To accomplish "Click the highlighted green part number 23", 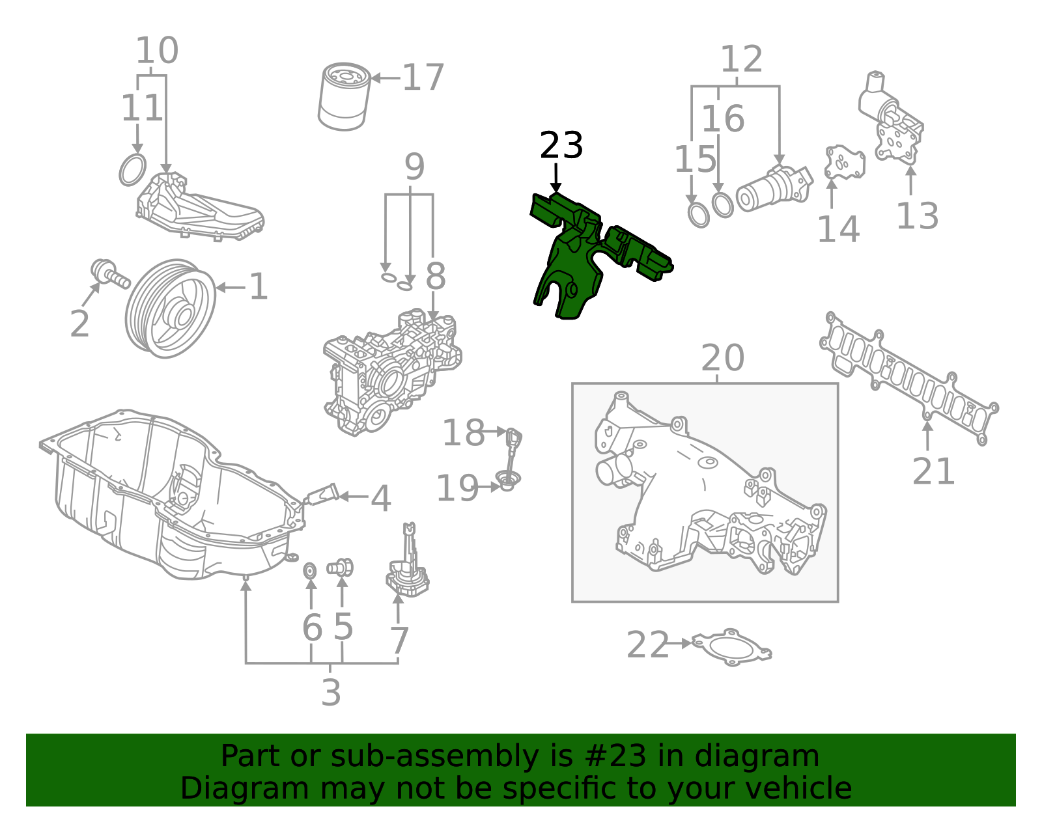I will point(573,260).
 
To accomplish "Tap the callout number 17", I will point(423,78).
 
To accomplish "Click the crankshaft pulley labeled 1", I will point(171,309).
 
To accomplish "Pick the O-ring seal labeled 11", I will point(132,170).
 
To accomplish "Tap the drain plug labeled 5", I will point(340,567).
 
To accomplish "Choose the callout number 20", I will point(722,358).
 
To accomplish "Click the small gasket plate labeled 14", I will point(844,163).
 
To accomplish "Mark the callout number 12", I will point(741,60).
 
